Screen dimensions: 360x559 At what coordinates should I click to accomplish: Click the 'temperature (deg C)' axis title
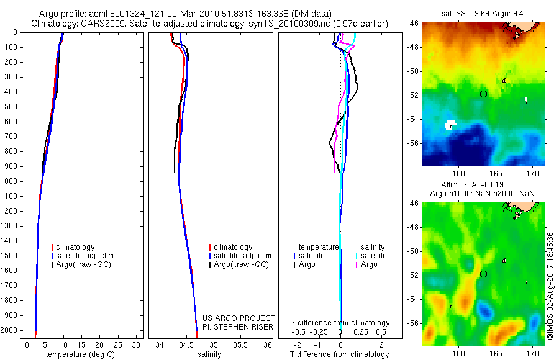coord(78,354)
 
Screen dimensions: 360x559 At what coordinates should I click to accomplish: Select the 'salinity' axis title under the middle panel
coord(209,354)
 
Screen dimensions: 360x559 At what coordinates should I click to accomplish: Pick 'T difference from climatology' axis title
coord(339,354)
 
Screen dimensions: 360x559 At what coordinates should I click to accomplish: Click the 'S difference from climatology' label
coord(340,323)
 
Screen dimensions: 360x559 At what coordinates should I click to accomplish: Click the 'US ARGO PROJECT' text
coord(239,318)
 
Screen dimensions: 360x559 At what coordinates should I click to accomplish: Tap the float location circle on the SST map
coord(483,94)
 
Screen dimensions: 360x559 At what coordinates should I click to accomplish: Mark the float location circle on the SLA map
coord(483,274)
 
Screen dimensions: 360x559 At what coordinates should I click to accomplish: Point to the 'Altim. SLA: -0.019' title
coord(483,185)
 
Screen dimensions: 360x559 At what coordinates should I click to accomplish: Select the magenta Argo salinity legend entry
coord(369,264)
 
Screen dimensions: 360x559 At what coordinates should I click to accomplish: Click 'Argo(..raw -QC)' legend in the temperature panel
coord(85,264)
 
